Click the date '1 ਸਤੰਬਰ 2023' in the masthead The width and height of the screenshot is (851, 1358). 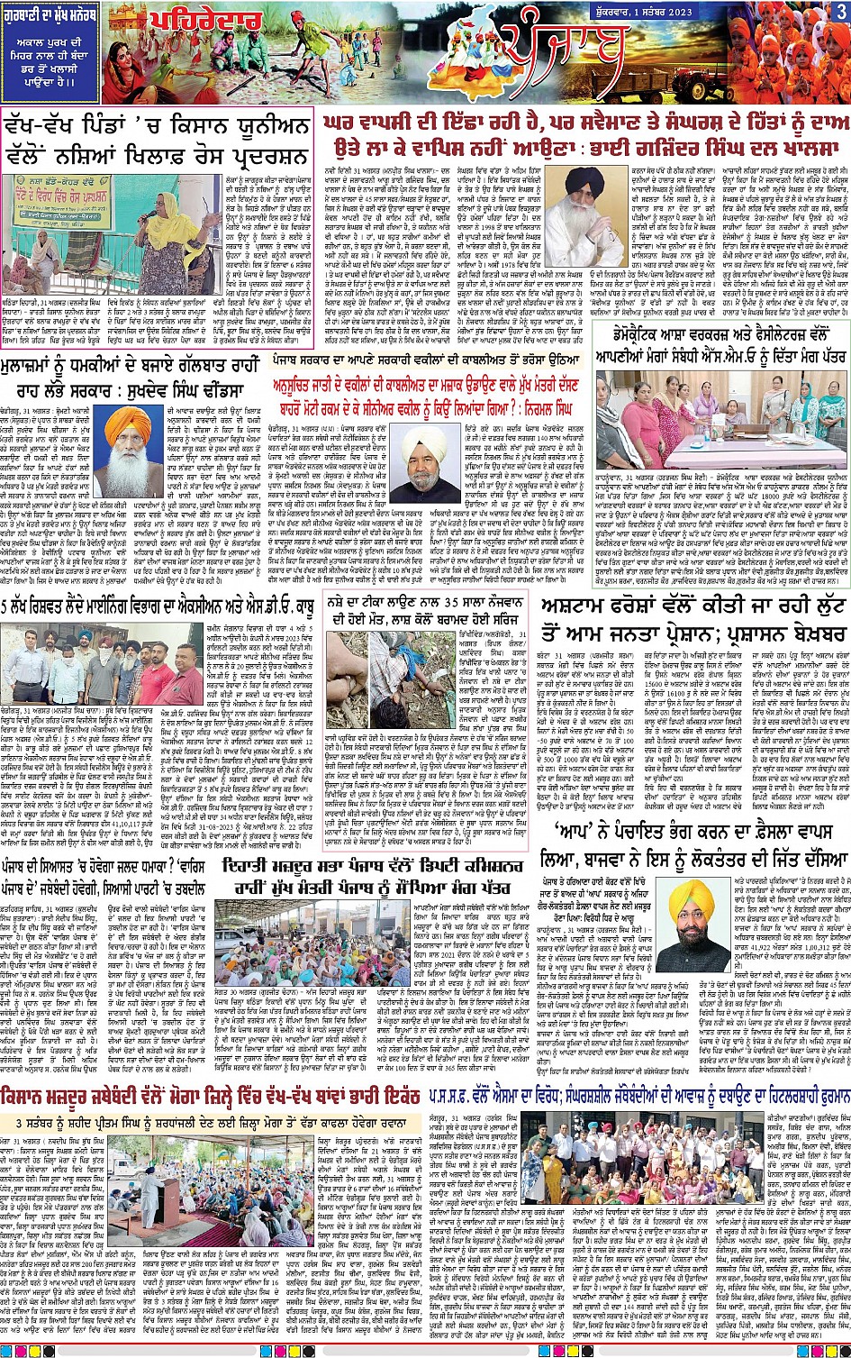point(771,12)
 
